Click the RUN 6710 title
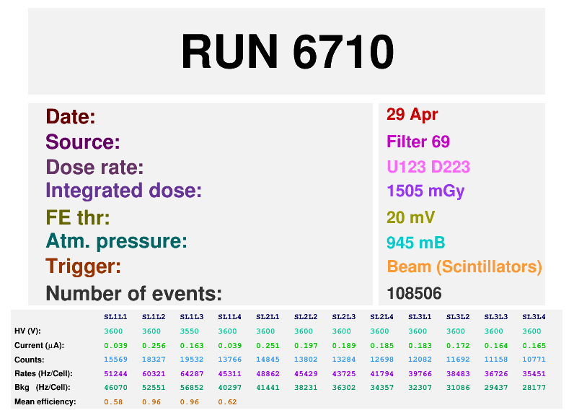pos(287,51)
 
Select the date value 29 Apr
pos(412,114)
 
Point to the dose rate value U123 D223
pos(428,168)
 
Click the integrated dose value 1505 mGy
pos(425,191)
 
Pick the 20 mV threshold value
pos(410,217)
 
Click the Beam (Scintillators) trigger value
pos(464,266)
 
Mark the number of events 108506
pos(414,293)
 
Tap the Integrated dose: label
pos(123,191)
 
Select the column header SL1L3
pos(191,317)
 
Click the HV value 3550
pos(191,331)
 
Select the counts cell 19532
pos(191,360)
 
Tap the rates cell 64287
pos(191,373)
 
